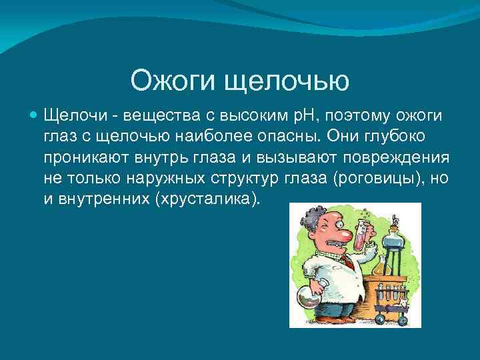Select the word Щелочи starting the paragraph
(71, 117)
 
